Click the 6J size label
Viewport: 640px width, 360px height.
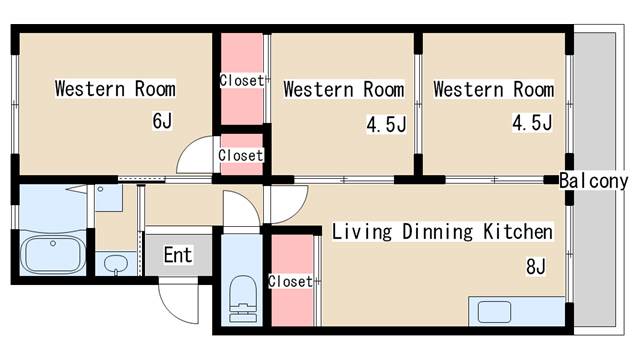(x=162, y=120)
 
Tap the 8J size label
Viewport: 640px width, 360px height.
(x=536, y=267)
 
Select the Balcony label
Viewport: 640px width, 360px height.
(x=593, y=181)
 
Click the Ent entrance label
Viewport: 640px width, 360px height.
(x=178, y=255)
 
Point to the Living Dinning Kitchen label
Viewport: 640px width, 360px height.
(x=442, y=231)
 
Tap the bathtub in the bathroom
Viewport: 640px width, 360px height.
(x=53, y=254)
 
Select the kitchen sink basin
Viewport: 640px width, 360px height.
(x=494, y=312)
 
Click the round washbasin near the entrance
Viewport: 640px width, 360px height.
(x=116, y=264)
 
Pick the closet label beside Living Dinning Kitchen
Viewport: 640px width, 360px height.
(x=290, y=281)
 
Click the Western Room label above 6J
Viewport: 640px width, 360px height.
(x=116, y=89)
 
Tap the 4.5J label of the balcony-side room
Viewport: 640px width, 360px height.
(x=532, y=122)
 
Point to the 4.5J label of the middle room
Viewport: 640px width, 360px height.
(x=386, y=124)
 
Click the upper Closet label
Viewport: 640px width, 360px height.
(x=242, y=80)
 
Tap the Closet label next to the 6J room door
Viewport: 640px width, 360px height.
(x=240, y=155)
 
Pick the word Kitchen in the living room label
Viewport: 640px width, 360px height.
(x=518, y=231)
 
